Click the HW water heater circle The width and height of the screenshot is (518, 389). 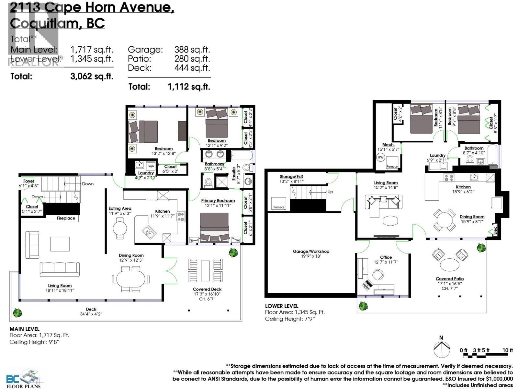coord(380,158)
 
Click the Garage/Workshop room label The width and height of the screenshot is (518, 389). coord(311,251)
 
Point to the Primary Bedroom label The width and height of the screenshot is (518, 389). coord(218,201)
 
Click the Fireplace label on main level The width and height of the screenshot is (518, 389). coord(66,218)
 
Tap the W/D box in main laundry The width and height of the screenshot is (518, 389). coord(151,166)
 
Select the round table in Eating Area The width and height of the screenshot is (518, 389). coord(120,228)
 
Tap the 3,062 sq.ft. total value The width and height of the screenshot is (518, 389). coord(92,77)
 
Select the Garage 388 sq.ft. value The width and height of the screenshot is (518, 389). coord(192,50)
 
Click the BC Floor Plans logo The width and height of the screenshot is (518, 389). coord(24,379)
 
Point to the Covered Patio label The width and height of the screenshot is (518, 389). coord(450,279)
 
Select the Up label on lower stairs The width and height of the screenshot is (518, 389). coord(330,192)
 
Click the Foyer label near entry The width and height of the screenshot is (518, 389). coord(28,181)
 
